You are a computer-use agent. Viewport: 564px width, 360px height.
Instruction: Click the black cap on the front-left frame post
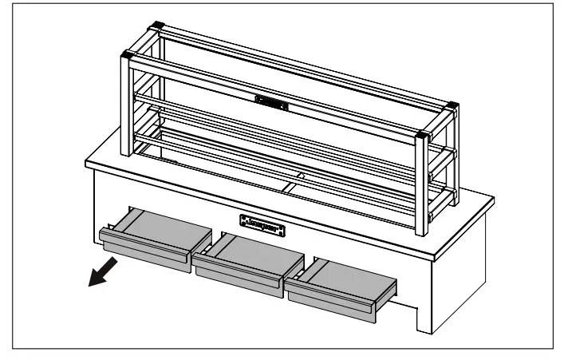pos(126,55)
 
